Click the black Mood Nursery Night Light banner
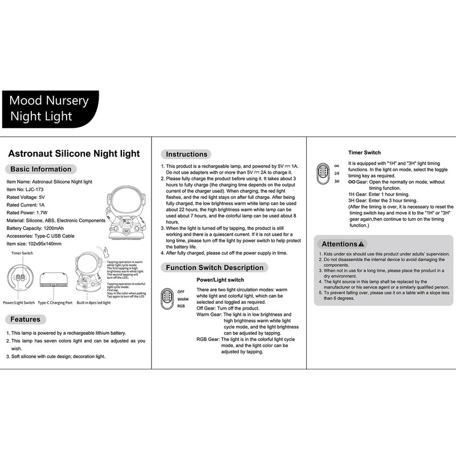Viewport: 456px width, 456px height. (50, 109)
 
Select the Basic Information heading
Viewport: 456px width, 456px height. (41, 169)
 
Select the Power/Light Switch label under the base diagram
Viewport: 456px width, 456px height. (19, 303)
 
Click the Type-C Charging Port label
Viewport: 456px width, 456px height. (55, 303)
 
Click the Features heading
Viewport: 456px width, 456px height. (26, 319)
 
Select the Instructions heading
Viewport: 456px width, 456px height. (186, 154)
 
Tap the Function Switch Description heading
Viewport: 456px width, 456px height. (214, 267)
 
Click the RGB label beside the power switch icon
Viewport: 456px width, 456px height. (181, 306)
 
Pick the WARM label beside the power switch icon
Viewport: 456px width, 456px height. (182, 299)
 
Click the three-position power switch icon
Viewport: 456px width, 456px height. (166, 298)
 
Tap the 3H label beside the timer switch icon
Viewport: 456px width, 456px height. (337, 181)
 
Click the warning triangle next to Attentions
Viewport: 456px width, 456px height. (362, 244)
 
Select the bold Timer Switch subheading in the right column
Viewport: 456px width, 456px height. (364, 153)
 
